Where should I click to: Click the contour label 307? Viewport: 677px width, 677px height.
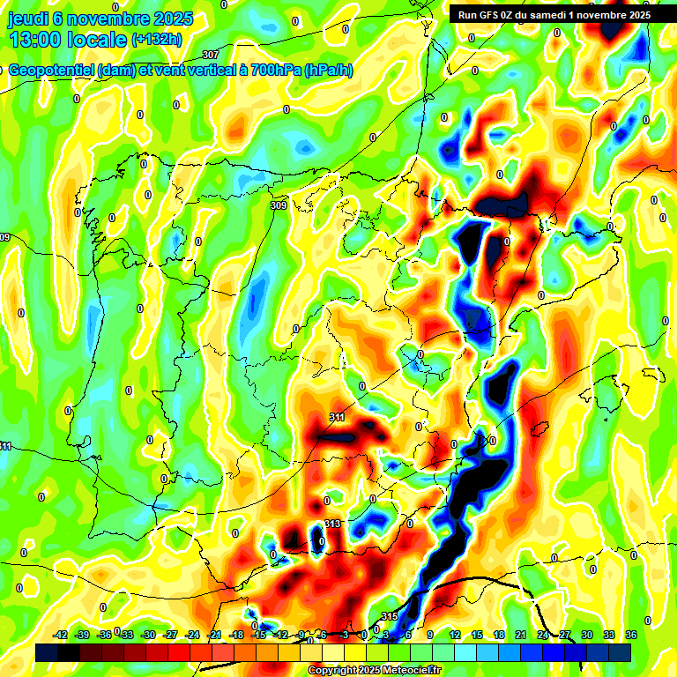click(x=210, y=56)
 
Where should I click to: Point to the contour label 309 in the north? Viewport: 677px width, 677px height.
click(x=279, y=205)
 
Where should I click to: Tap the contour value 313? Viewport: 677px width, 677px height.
click(x=331, y=524)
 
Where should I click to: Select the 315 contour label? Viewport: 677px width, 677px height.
click(x=390, y=615)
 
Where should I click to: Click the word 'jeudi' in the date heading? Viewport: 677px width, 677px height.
click(x=30, y=19)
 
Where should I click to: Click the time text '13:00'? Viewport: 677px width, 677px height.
click(x=37, y=41)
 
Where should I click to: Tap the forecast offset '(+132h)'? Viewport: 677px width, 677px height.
click(x=157, y=41)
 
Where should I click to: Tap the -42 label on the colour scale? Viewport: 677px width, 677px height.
click(x=61, y=635)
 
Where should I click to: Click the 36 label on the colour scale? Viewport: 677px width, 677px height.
click(x=631, y=635)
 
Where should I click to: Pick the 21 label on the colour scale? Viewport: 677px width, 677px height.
click(x=521, y=635)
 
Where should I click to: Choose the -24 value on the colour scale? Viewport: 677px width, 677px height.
click(x=192, y=635)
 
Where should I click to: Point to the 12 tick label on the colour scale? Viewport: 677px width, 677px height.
click(x=455, y=635)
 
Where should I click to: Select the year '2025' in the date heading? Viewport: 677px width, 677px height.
click(x=175, y=19)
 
